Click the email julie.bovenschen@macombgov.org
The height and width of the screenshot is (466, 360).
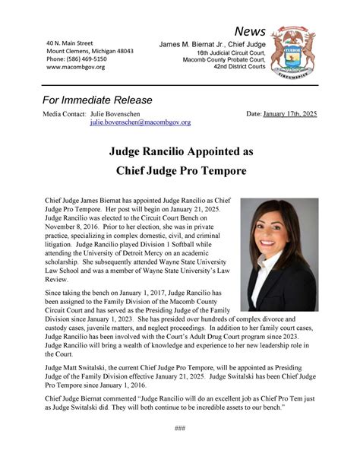point(141,122)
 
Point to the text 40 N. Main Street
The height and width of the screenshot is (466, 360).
point(69,43)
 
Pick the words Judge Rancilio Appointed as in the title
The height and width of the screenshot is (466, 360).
point(179,151)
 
